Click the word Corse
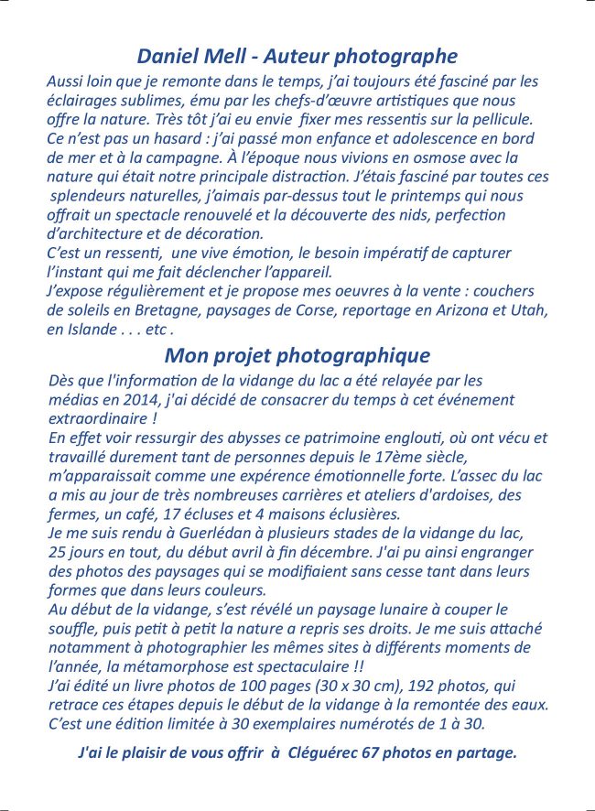click(318, 310)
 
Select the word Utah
click(530, 310)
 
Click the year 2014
click(128, 400)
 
